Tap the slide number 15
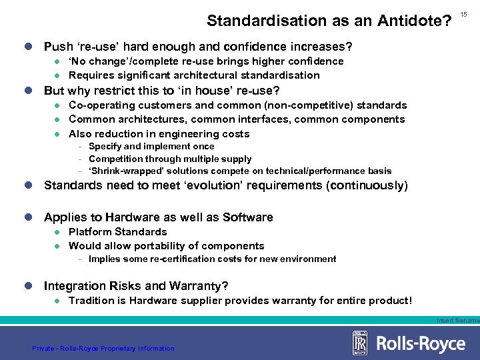465,14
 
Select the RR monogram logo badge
361,343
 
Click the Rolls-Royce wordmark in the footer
421,343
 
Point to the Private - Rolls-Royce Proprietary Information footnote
103,348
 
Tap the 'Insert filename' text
458,321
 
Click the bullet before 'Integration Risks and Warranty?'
27,286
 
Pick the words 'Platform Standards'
118,232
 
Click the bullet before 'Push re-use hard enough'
27,47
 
